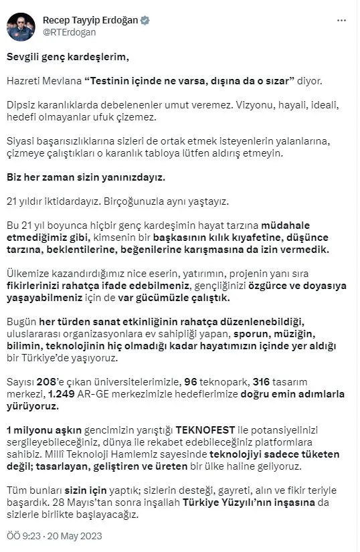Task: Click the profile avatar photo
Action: tap(21, 26)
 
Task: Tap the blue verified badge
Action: tap(145, 20)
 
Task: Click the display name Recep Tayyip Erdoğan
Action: tap(90, 20)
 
